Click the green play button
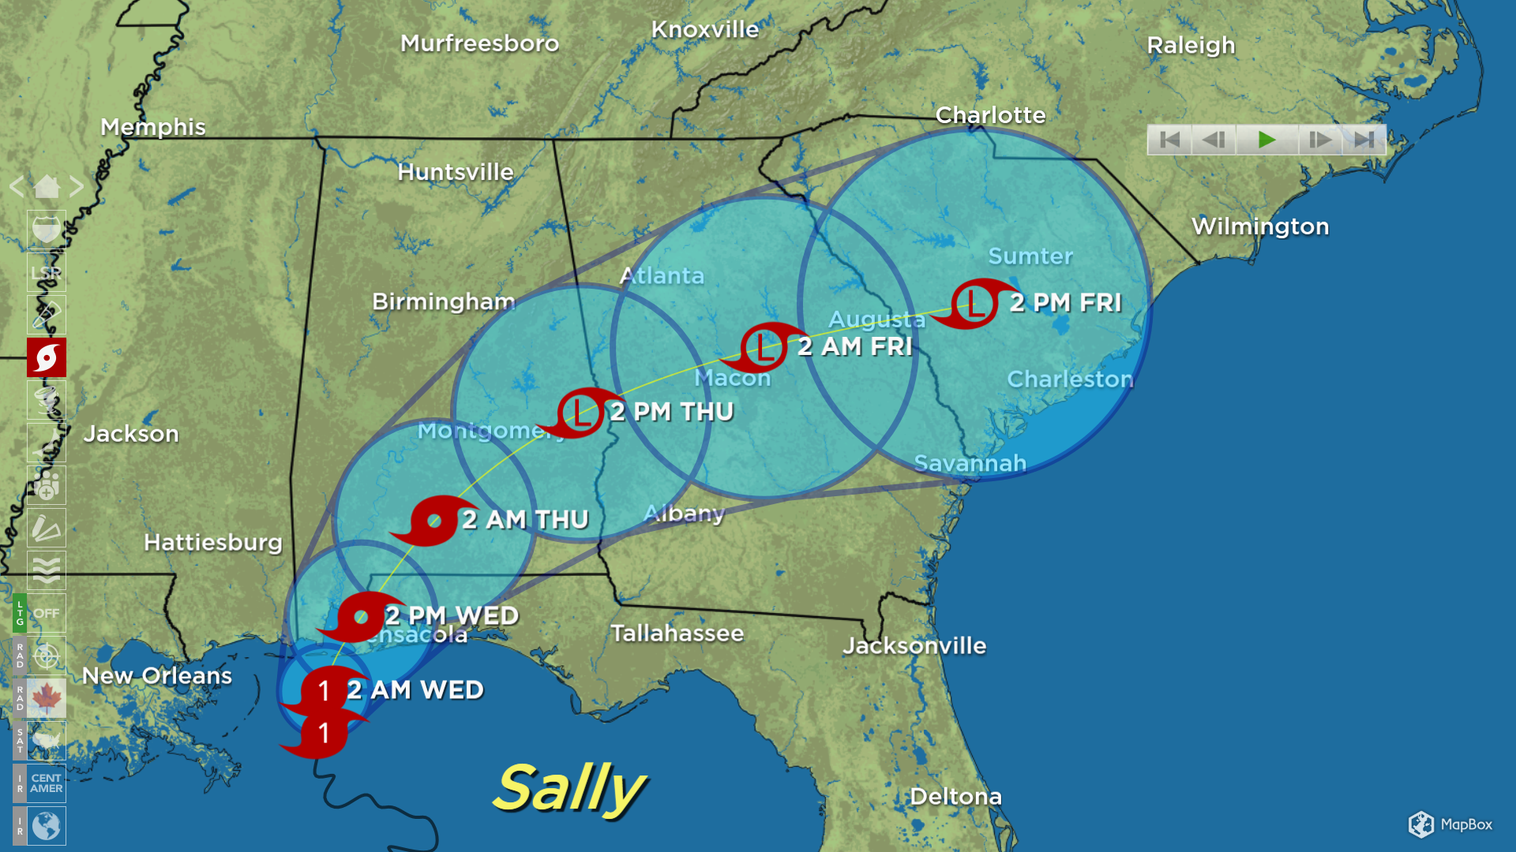tap(1266, 140)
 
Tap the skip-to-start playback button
tap(1169, 140)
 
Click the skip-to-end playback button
tap(1364, 140)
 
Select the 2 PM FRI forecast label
tap(1065, 303)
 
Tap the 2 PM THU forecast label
tap(672, 412)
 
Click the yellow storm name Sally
tap(570, 788)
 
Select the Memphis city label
tap(153, 127)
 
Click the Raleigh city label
tap(1191, 46)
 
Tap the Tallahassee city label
tap(677, 633)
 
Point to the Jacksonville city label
tap(914, 645)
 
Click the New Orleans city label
tap(157, 676)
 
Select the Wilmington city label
tap(1260, 226)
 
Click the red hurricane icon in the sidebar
tap(47, 358)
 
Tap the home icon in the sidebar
tap(47, 187)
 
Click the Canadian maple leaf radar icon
tap(47, 698)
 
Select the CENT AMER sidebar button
tap(47, 783)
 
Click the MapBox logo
tap(1450, 824)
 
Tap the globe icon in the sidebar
tap(47, 826)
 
